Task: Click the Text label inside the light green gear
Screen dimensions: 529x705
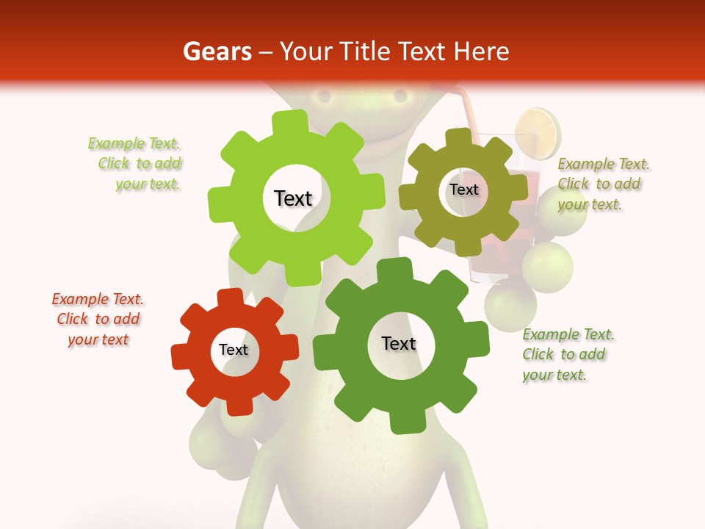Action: click(293, 198)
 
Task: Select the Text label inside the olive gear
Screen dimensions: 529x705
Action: click(464, 190)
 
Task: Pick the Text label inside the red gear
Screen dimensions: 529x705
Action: click(234, 350)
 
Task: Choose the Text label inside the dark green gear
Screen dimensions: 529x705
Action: click(399, 343)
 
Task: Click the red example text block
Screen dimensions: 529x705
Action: click(98, 320)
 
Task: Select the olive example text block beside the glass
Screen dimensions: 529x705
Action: click(603, 184)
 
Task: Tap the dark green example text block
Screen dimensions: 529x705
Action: click(568, 355)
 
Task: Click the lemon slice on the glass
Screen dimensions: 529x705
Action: click(539, 133)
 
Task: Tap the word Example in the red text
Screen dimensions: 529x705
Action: click(81, 300)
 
